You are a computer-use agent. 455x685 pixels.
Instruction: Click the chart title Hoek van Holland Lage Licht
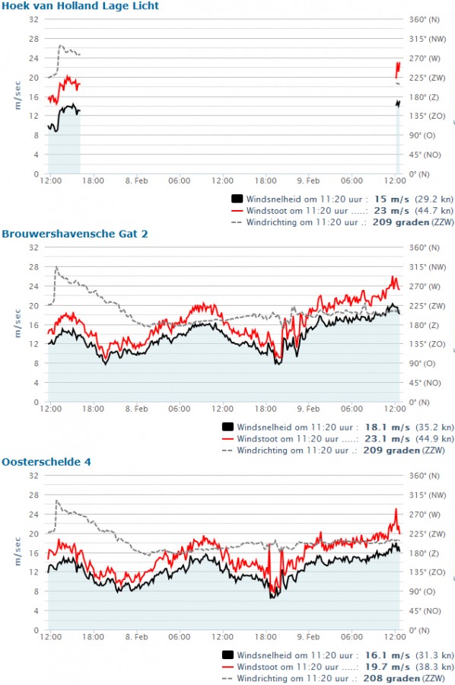tap(81, 6)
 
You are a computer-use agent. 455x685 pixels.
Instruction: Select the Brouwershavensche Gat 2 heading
tap(75, 234)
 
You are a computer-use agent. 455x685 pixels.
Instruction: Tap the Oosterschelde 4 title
tap(46, 462)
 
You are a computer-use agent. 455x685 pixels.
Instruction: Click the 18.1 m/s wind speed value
tap(387, 427)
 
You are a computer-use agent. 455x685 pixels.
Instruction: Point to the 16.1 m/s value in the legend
tap(387, 655)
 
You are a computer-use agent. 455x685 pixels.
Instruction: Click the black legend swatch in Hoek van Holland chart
tap(237, 199)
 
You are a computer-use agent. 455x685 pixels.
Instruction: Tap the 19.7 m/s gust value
tap(387, 667)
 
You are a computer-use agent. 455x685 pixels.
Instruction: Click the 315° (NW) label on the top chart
tap(428, 39)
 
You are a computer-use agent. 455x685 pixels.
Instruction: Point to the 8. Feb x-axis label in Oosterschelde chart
tap(137, 637)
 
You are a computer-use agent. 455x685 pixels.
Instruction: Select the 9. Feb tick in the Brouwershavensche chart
tap(308, 409)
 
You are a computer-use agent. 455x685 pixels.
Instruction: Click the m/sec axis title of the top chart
tap(17, 95)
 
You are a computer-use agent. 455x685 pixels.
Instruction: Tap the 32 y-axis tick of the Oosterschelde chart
tap(33, 475)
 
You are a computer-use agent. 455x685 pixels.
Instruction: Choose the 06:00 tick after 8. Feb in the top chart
tap(179, 181)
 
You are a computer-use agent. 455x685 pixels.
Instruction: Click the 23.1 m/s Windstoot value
tap(387, 438)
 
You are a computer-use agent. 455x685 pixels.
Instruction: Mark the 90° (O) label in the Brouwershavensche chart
tap(422, 364)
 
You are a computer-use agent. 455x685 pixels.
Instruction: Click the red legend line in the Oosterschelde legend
tap(228, 667)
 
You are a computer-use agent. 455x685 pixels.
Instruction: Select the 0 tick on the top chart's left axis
tap(37, 174)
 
